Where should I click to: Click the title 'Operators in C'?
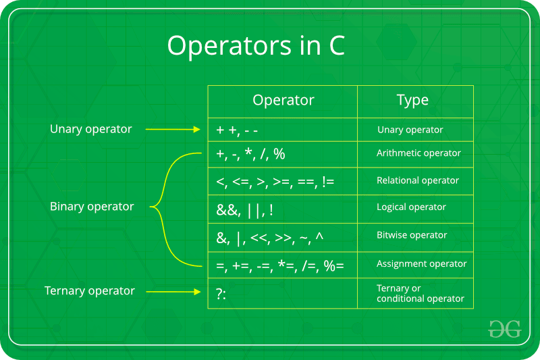click(x=256, y=46)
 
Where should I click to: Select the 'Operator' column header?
click(x=283, y=101)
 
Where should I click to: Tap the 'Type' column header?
click(x=412, y=101)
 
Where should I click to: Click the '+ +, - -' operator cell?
click(x=237, y=130)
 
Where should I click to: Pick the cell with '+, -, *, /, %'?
click(x=250, y=155)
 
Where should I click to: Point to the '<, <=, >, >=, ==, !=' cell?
click(x=275, y=181)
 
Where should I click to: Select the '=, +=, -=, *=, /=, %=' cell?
click(x=280, y=265)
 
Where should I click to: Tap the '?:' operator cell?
click(x=221, y=292)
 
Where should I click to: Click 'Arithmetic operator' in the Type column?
click(x=418, y=153)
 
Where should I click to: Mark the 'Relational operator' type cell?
click(x=418, y=180)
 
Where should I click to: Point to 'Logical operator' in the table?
click(x=411, y=207)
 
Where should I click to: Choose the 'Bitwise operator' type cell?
click(x=412, y=235)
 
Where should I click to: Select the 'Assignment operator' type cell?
click(x=421, y=263)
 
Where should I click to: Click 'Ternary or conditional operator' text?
click(x=420, y=293)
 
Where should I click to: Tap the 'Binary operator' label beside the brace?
click(x=92, y=207)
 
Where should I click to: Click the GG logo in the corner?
click(x=504, y=328)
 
